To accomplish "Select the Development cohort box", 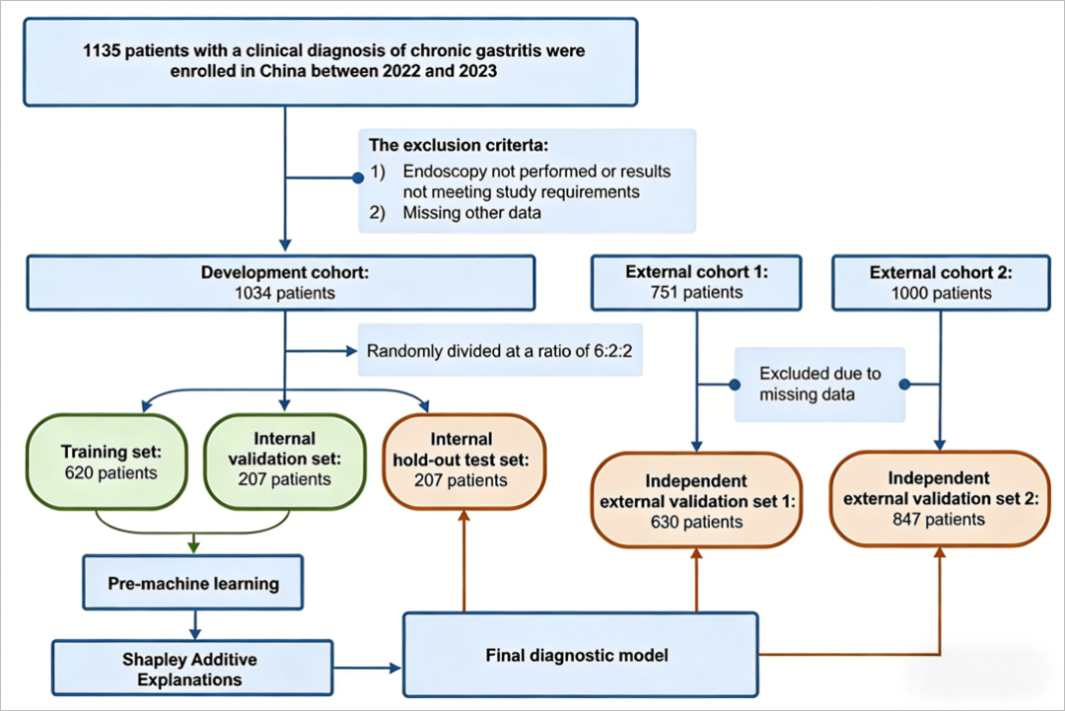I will click(x=281, y=283).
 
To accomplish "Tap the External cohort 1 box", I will click(x=696, y=283).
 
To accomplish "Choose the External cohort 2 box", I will click(x=938, y=283).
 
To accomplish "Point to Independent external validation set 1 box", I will click(x=696, y=501).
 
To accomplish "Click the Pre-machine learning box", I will click(x=193, y=583).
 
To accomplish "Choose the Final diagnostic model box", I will click(x=580, y=654).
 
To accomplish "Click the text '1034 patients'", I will click(x=281, y=293).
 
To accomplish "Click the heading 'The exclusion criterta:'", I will click(x=451, y=145).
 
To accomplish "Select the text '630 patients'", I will click(x=695, y=522).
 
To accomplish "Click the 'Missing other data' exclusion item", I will click(x=471, y=212).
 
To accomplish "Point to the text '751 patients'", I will click(x=696, y=293).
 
